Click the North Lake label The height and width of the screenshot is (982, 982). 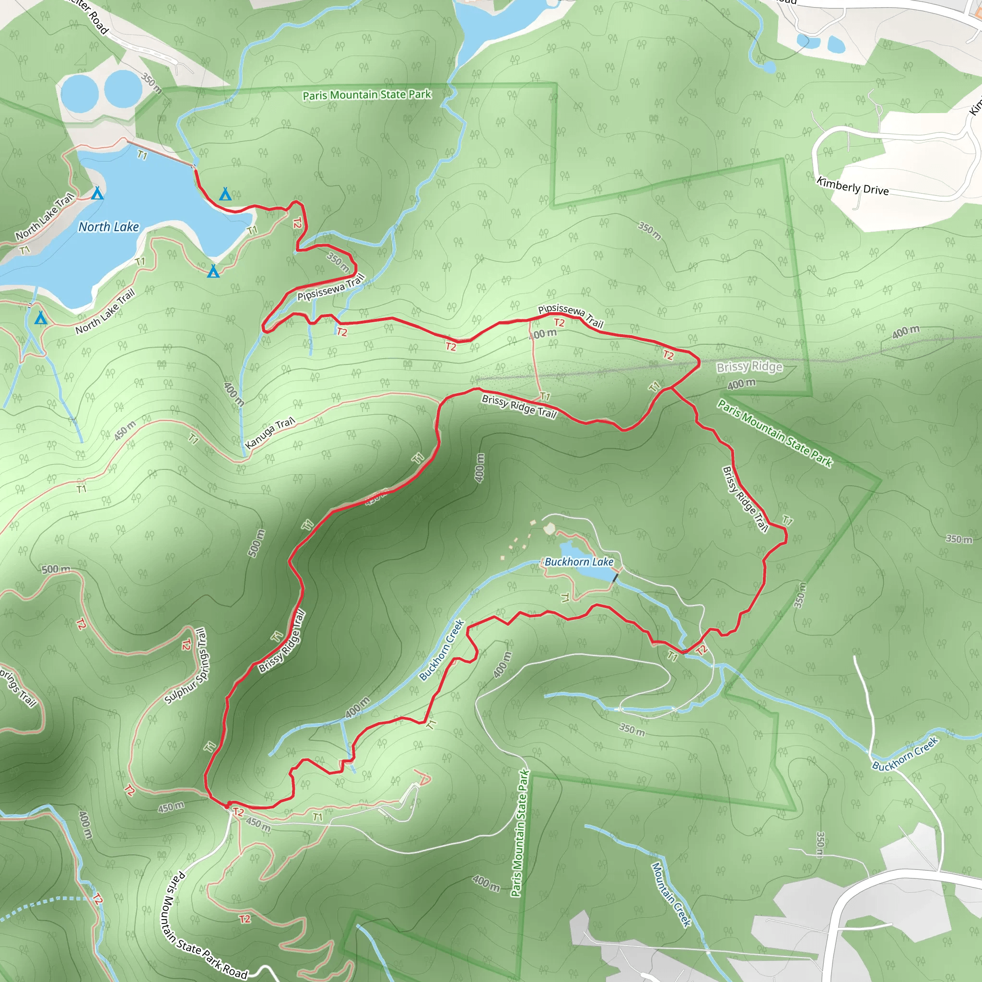tap(108, 227)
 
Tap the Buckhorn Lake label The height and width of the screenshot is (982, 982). tap(579, 561)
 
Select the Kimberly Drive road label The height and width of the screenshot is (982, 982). tap(853, 186)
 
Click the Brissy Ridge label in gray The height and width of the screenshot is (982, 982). tap(749, 366)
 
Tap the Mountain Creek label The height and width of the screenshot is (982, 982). tap(671, 895)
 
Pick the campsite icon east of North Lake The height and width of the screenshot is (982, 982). tap(225, 194)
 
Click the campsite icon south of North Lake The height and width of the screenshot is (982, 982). tap(213, 271)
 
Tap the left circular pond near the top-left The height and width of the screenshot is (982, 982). tap(79, 94)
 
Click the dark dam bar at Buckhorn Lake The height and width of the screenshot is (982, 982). tap(616, 577)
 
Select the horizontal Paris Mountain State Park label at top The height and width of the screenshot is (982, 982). tap(366, 95)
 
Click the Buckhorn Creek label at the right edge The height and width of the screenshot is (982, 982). tap(905, 754)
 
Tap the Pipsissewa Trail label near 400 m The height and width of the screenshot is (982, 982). tap(570, 315)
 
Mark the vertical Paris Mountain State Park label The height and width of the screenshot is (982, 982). tap(520, 833)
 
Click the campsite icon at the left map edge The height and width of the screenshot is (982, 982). tap(41, 318)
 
